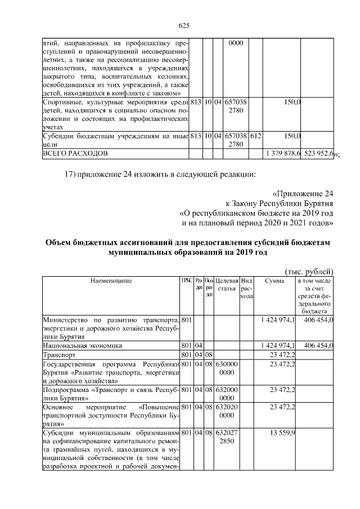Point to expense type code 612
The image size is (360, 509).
click(255, 136)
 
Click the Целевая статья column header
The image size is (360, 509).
click(227, 285)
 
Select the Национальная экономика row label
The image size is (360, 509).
click(82, 345)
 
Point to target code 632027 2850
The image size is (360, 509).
click(227, 437)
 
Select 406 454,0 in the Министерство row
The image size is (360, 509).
click(319, 319)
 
